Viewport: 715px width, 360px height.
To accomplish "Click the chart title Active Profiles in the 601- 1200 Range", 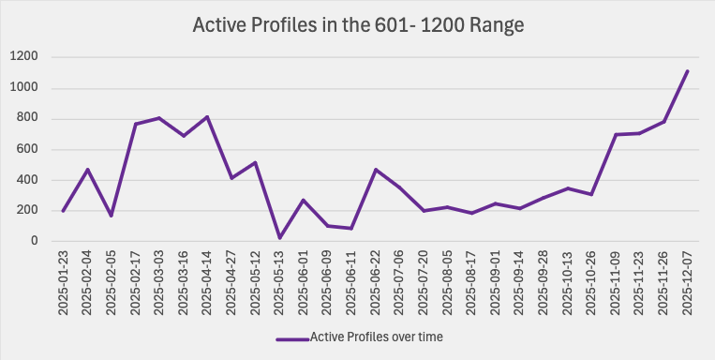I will [x=358, y=24].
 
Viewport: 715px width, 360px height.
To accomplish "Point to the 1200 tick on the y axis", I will [x=24, y=57].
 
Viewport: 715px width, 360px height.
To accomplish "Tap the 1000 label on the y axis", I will [x=24, y=88].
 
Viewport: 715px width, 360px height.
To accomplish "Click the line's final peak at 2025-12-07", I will [x=687, y=71].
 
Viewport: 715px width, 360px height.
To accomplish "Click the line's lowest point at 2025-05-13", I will [x=279, y=238].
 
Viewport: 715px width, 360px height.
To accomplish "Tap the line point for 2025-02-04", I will [x=87, y=170].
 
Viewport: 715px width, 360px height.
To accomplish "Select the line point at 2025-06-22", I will [x=376, y=170].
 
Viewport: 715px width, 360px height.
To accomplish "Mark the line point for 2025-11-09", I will [x=616, y=134].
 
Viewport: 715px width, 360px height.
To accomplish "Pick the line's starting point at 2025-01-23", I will [x=64, y=211].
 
